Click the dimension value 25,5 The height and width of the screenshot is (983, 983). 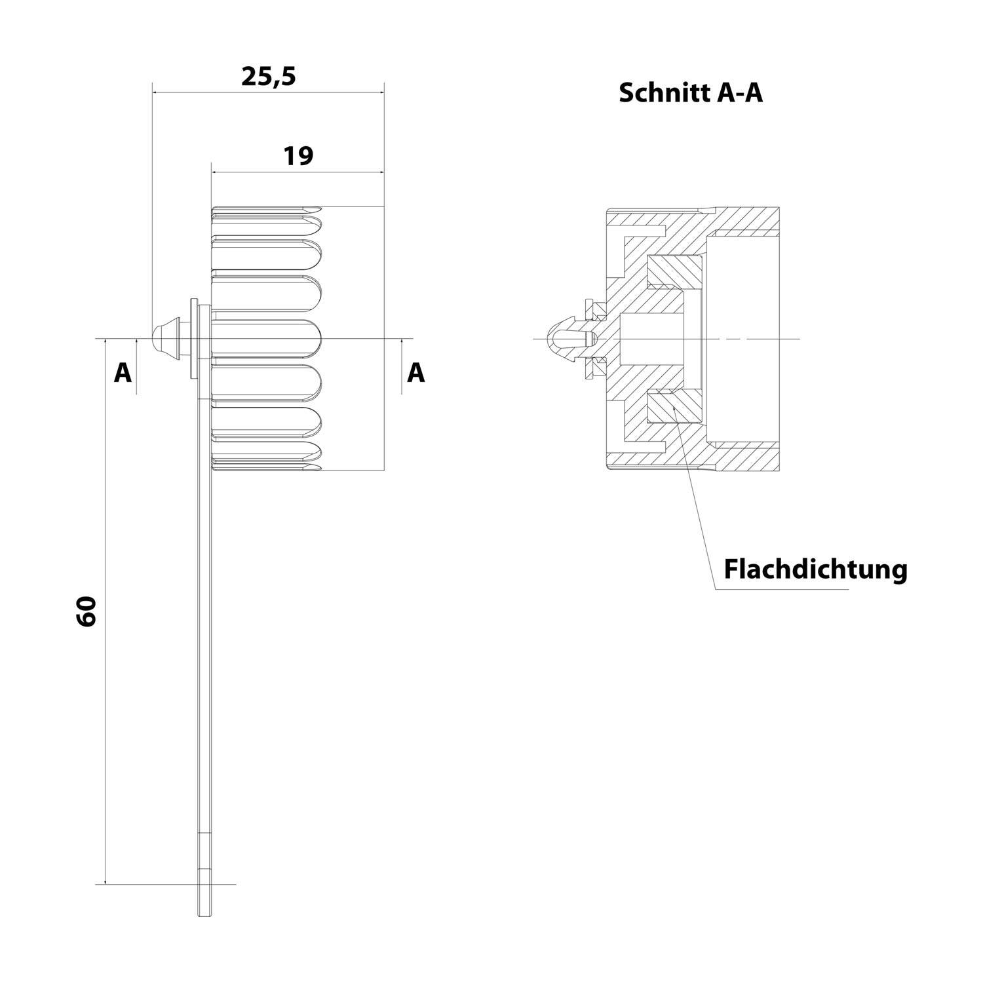(x=269, y=77)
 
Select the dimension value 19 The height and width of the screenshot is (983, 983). (x=298, y=156)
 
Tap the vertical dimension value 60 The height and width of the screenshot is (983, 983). (x=87, y=611)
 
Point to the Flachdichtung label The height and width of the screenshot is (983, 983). (x=815, y=569)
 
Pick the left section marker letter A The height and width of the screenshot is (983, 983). (x=123, y=373)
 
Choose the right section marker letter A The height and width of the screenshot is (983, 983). (x=416, y=373)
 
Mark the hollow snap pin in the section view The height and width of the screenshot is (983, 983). (x=568, y=338)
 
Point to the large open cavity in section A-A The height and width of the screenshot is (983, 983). (x=743, y=338)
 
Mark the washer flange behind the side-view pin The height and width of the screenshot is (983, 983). (x=193, y=339)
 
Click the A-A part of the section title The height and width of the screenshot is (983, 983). (x=740, y=93)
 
